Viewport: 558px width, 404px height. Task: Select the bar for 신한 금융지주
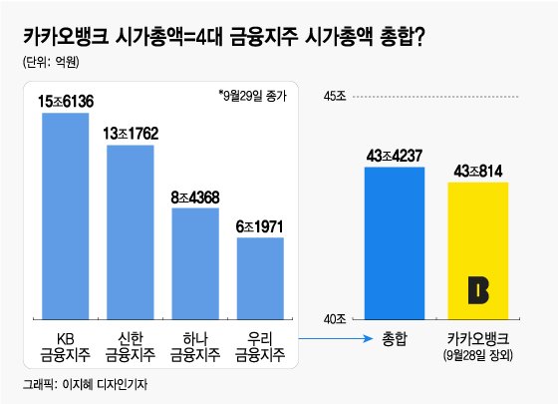[130, 230]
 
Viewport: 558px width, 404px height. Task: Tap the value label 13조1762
[131, 133]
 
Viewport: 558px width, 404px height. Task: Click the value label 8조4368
[195, 198]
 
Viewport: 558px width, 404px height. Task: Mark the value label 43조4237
[394, 155]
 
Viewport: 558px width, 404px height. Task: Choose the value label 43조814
[478, 171]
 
